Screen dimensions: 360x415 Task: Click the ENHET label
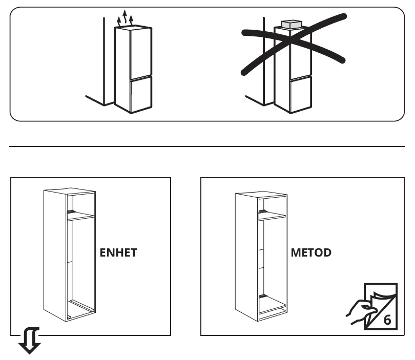coord(118,253)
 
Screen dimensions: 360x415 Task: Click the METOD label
coord(311,253)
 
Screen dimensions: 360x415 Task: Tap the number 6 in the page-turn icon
coord(387,320)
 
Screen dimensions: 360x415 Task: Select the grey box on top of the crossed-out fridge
coord(292,24)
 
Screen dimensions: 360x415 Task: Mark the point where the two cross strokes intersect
coord(291,39)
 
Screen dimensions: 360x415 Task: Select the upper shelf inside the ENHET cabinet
coord(80,217)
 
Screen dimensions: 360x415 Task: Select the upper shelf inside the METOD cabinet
coord(272,216)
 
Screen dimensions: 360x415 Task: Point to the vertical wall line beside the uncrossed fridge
coord(104,61)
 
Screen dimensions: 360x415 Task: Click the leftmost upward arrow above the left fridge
coord(119,21)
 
